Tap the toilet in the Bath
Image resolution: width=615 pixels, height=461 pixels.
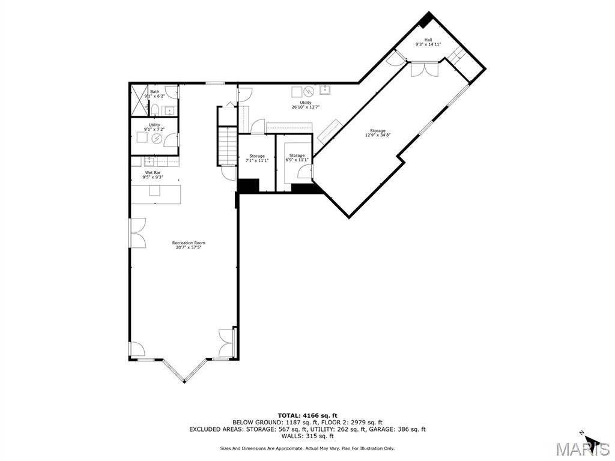pos(154,109)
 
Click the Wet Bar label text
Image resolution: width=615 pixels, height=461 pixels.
pos(153,175)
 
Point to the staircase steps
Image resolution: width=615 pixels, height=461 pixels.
pos(227,146)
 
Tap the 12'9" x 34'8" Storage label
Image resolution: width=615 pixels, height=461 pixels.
pos(378,133)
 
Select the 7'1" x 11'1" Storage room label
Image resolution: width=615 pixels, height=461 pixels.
pos(257,158)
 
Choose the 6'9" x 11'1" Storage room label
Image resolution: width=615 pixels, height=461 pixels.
pos(297,158)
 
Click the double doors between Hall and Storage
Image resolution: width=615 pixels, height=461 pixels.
pos(425,69)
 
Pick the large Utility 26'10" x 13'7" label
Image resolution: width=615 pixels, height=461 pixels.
pos(306,104)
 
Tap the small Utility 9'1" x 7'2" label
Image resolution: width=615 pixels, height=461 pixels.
pos(154,127)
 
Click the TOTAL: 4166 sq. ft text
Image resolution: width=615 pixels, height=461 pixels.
pos(307,415)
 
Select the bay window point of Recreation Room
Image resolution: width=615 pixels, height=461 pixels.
pos(184,381)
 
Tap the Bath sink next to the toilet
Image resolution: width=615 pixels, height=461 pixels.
pos(168,110)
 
